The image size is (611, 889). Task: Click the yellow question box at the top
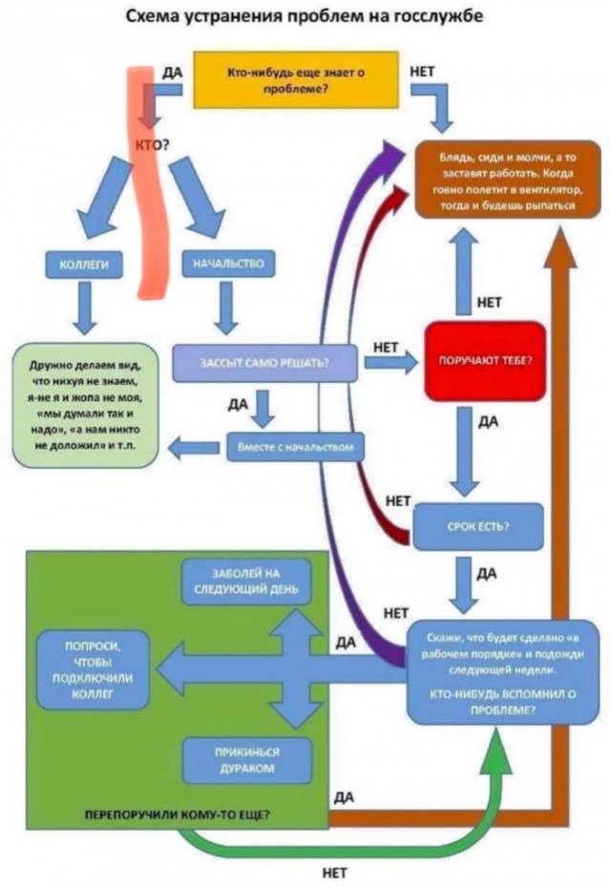295,79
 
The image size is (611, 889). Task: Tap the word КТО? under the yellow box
153,145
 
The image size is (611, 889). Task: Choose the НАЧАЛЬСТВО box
226,263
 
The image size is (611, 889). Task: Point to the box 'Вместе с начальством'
296,446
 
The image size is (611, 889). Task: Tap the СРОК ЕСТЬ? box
477,526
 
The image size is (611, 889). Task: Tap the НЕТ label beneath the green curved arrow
335,872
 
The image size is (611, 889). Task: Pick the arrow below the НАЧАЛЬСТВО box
226,307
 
